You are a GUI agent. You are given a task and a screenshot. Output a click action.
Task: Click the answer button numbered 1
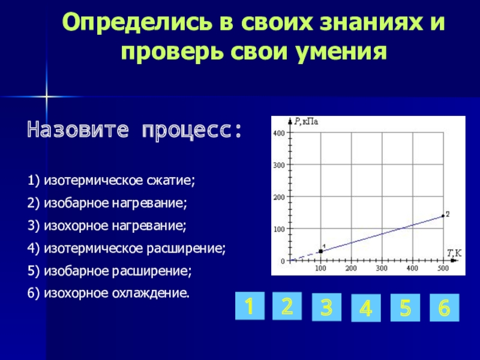coord(250,306)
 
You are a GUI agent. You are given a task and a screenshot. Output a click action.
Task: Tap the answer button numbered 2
coord(287,306)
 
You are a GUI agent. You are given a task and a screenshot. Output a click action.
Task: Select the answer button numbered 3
coord(326,307)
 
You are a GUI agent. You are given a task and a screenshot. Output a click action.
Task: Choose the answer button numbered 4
coord(366,308)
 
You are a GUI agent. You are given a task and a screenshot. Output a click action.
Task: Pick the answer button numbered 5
coord(406,308)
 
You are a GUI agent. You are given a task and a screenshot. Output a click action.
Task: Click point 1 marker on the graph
coord(320,251)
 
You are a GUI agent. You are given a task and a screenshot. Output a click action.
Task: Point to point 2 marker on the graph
coord(443,216)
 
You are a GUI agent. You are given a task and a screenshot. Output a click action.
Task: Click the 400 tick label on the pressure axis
coord(279,133)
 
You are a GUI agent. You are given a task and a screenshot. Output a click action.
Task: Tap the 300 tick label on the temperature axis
coord(382,268)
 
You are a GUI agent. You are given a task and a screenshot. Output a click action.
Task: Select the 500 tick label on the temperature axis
coord(443,268)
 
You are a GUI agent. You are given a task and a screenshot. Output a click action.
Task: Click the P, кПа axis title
coord(307,122)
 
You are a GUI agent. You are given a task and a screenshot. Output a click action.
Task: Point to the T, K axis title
coord(454,253)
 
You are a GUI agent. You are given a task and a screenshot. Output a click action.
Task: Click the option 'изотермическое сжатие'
coord(119,181)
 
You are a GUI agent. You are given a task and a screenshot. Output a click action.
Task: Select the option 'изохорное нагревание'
coord(115,226)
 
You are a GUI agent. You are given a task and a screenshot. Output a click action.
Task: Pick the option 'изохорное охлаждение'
coord(116,293)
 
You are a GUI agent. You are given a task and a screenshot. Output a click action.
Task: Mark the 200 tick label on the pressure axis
coord(279,197)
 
